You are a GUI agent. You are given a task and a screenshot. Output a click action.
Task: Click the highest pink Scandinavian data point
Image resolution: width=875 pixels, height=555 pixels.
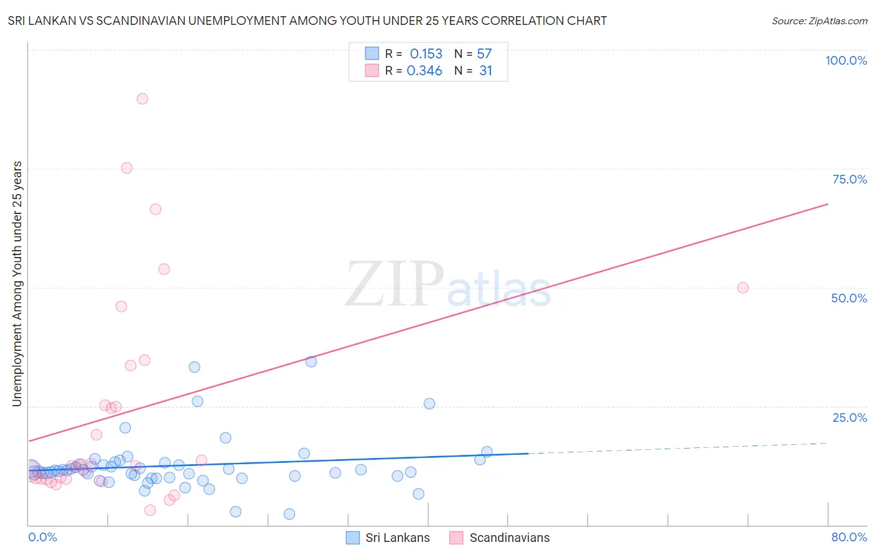pyautogui.click(x=142, y=98)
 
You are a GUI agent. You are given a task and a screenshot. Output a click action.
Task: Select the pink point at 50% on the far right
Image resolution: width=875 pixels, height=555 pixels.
pyautogui.click(x=742, y=287)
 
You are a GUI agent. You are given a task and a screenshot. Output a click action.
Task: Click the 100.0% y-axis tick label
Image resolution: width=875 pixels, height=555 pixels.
pyautogui.click(x=846, y=60)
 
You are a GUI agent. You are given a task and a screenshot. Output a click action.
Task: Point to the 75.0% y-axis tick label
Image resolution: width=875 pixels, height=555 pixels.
pyautogui.click(x=849, y=179)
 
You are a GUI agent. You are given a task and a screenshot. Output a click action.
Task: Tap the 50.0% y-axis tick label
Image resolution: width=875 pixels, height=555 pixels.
pyautogui.click(x=849, y=298)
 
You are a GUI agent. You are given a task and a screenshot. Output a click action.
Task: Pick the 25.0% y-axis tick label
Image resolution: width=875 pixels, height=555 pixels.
pyautogui.click(x=849, y=417)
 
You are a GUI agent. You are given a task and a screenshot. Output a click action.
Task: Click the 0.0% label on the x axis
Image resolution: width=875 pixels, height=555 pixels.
pyautogui.click(x=42, y=537)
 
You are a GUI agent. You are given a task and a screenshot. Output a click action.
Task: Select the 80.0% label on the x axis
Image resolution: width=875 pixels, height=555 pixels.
pyautogui.click(x=849, y=537)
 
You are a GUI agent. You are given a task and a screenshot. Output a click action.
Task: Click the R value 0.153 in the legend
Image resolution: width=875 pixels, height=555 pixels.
pyautogui.click(x=426, y=54)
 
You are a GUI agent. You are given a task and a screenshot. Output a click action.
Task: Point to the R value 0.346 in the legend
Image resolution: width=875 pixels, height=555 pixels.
pyautogui.click(x=424, y=71)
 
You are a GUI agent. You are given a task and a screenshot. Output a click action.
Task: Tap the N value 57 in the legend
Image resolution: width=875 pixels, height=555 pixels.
pyautogui.click(x=484, y=54)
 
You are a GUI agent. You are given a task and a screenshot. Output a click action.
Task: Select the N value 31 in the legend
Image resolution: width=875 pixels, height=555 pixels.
pyautogui.click(x=485, y=71)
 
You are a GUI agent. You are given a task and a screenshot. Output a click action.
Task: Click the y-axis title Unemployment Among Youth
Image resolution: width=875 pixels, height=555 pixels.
pyautogui.click(x=17, y=284)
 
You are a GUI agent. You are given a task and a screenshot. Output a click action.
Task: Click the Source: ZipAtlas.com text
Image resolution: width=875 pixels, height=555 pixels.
pyautogui.click(x=819, y=21)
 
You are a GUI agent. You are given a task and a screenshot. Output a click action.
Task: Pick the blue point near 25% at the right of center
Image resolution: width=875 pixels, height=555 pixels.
pyautogui.click(x=429, y=403)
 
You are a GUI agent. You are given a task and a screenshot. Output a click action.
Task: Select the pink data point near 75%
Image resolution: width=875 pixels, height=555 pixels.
pyautogui.click(x=126, y=167)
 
